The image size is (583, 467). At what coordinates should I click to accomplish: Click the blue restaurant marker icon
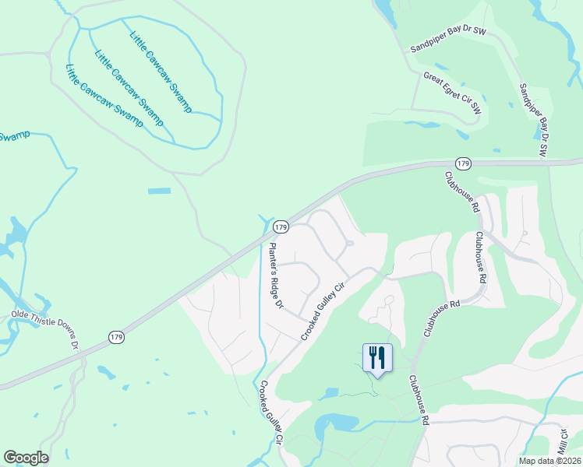pyautogui.click(x=378, y=358)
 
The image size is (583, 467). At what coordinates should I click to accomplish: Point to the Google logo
pyautogui.click(x=26, y=458)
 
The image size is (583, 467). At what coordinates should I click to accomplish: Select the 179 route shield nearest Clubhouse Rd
pyautogui.click(x=464, y=163)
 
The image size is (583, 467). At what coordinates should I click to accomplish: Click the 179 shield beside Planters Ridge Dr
pyautogui.click(x=281, y=226)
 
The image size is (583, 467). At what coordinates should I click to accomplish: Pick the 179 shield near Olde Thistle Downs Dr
pyautogui.click(x=116, y=336)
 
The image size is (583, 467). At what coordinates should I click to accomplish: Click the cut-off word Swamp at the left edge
pyautogui.click(x=14, y=137)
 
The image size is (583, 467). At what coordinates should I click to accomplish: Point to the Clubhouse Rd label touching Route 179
pyautogui.click(x=462, y=193)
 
